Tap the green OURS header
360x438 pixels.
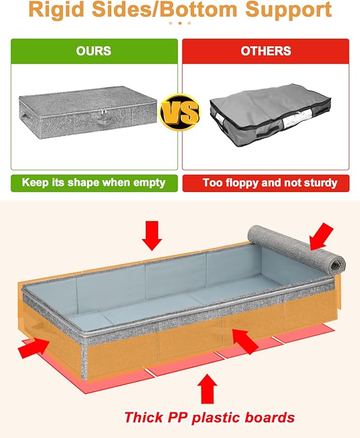coord(93,51)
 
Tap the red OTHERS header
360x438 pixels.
coord(266,51)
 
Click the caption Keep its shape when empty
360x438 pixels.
coord(93,183)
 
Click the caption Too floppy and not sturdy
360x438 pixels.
coord(270,183)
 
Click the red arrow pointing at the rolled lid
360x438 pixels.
coord(322,235)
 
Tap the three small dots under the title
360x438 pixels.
coord(180,23)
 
